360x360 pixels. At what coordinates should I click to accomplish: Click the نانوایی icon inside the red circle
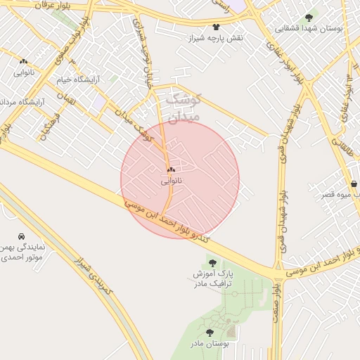tap(172, 169)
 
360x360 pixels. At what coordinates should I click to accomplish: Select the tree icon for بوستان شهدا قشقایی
tap(309, 18)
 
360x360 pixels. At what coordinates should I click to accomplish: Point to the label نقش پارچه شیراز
tap(211, 37)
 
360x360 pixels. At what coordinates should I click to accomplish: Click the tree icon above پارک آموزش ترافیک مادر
tap(212, 262)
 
